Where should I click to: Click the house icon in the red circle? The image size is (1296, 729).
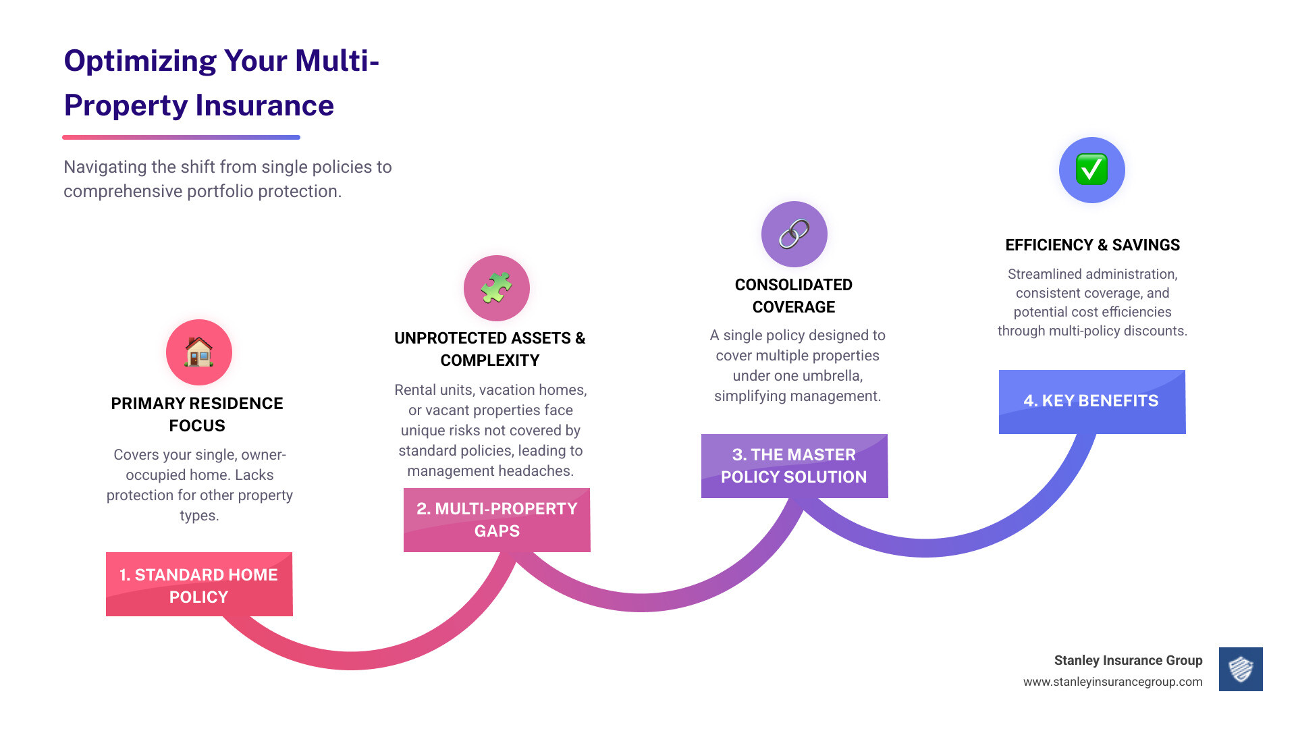[199, 352]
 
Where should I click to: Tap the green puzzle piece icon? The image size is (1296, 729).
[497, 288]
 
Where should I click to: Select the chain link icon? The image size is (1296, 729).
[794, 234]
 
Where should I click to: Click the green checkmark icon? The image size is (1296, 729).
[1092, 170]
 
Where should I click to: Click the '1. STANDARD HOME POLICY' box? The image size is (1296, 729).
[199, 585]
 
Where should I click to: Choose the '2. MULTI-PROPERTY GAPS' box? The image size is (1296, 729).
[497, 520]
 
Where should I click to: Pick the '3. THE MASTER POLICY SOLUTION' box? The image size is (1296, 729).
[794, 466]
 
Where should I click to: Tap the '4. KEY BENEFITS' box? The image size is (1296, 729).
[1092, 402]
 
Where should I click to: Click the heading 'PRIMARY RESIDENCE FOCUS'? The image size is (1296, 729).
[197, 414]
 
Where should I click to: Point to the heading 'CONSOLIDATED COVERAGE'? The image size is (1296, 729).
[794, 296]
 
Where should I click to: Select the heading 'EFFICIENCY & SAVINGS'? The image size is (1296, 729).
[1092, 245]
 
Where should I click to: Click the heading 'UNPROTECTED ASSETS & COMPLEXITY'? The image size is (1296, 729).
[490, 349]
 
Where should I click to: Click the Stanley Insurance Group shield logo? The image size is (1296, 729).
[1241, 670]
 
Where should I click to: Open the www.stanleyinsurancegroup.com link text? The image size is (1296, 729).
[1112, 682]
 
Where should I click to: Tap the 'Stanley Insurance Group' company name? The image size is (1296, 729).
[1128, 660]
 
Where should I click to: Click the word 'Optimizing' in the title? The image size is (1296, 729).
[140, 61]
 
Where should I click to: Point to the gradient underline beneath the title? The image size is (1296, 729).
[181, 137]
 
